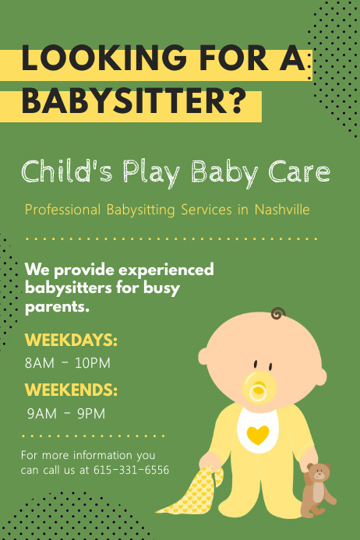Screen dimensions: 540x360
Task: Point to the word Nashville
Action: click(281, 210)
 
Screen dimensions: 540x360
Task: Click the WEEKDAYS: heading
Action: click(71, 341)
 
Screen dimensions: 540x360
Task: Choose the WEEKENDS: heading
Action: click(71, 390)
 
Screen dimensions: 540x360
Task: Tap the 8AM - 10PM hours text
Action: click(68, 363)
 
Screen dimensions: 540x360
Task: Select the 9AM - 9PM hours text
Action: click(65, 413)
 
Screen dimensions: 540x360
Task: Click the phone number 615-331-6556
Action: click(131, 470)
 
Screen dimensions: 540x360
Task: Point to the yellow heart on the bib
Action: click(258, 432)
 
